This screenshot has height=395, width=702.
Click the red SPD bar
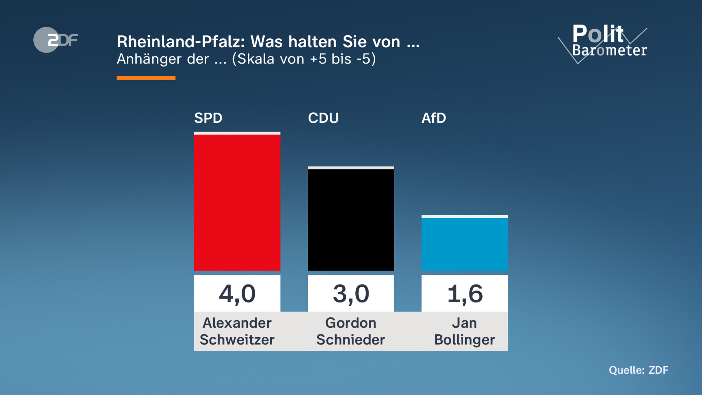[237, 202]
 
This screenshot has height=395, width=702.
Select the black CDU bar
[351, 219]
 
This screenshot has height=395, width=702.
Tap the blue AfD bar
[464, 243]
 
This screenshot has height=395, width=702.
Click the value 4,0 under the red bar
[237, 293]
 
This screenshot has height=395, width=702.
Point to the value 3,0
[351, 293]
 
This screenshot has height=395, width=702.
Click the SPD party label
[208, 118]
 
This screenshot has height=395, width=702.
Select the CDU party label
[323, 118]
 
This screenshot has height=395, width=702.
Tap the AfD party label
[433, 118]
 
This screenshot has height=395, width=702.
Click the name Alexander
[237, 323]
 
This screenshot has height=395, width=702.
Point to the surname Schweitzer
[237, 340]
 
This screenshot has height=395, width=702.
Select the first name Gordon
[351, 323]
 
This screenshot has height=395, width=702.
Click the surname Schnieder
[351, 340]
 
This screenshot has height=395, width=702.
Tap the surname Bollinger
[464, 340]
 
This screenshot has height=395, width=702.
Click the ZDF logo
[56, 40]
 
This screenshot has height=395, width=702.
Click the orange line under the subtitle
[146, 78]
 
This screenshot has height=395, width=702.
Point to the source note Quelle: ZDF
[639, 370]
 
